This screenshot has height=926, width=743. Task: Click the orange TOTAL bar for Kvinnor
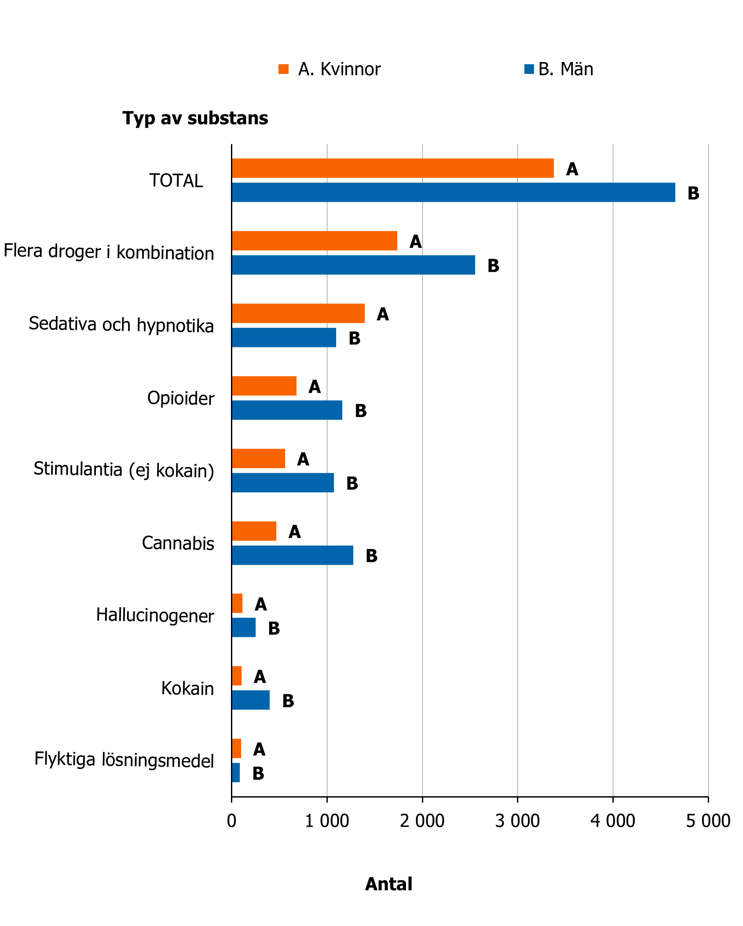click(392, 168)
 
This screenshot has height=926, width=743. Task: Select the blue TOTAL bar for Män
click(453, 192)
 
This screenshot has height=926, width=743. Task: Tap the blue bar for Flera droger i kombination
click(353, 265)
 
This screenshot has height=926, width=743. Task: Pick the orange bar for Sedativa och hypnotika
click(298, 313)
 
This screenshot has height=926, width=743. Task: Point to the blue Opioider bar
click(287, 410)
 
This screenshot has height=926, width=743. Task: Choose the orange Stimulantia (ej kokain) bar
click(258, 458)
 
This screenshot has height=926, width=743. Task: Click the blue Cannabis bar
click(292, 555)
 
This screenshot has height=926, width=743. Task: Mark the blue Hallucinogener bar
click(244, 627)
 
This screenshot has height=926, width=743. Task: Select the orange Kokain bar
click(237, 676)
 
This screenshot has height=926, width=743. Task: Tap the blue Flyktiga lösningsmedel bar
click(236, 772)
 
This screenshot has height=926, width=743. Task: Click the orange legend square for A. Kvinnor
click(283, 69)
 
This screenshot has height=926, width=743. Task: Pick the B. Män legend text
click(566, 69)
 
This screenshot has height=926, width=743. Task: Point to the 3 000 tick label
click(517, 821)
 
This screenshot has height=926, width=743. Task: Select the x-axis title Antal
click(388, 884)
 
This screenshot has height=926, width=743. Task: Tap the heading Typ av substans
click(195, 118)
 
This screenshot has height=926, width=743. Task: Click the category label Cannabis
click(178, 543)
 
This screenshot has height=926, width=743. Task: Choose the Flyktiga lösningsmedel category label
click(124, 760)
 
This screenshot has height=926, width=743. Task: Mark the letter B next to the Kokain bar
click(288, 701)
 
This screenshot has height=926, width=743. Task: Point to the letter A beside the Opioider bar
click(315, 387)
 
